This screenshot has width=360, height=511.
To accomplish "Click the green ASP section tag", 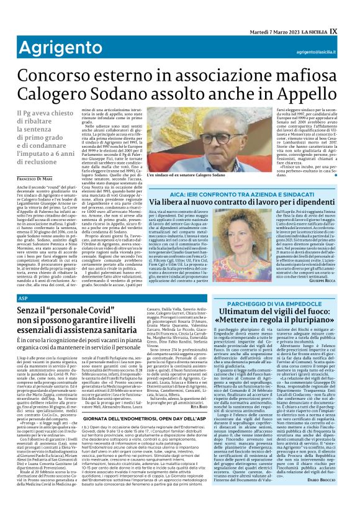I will pos(22,299).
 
